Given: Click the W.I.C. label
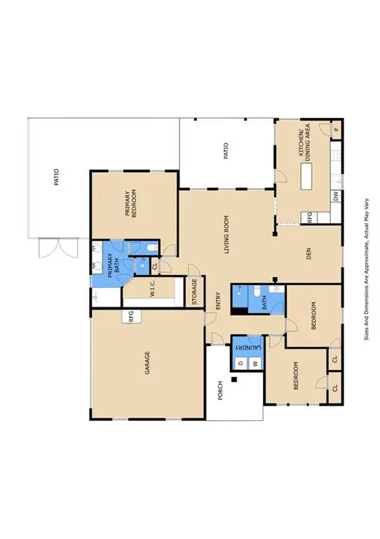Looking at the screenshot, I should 152,288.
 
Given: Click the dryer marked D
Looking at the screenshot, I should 240,363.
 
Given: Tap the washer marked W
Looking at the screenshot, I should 255,363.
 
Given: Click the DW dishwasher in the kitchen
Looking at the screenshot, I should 337,197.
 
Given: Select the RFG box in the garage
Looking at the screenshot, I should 131,317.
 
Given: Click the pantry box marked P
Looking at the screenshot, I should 337,129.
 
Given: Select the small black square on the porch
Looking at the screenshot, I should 236,380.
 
